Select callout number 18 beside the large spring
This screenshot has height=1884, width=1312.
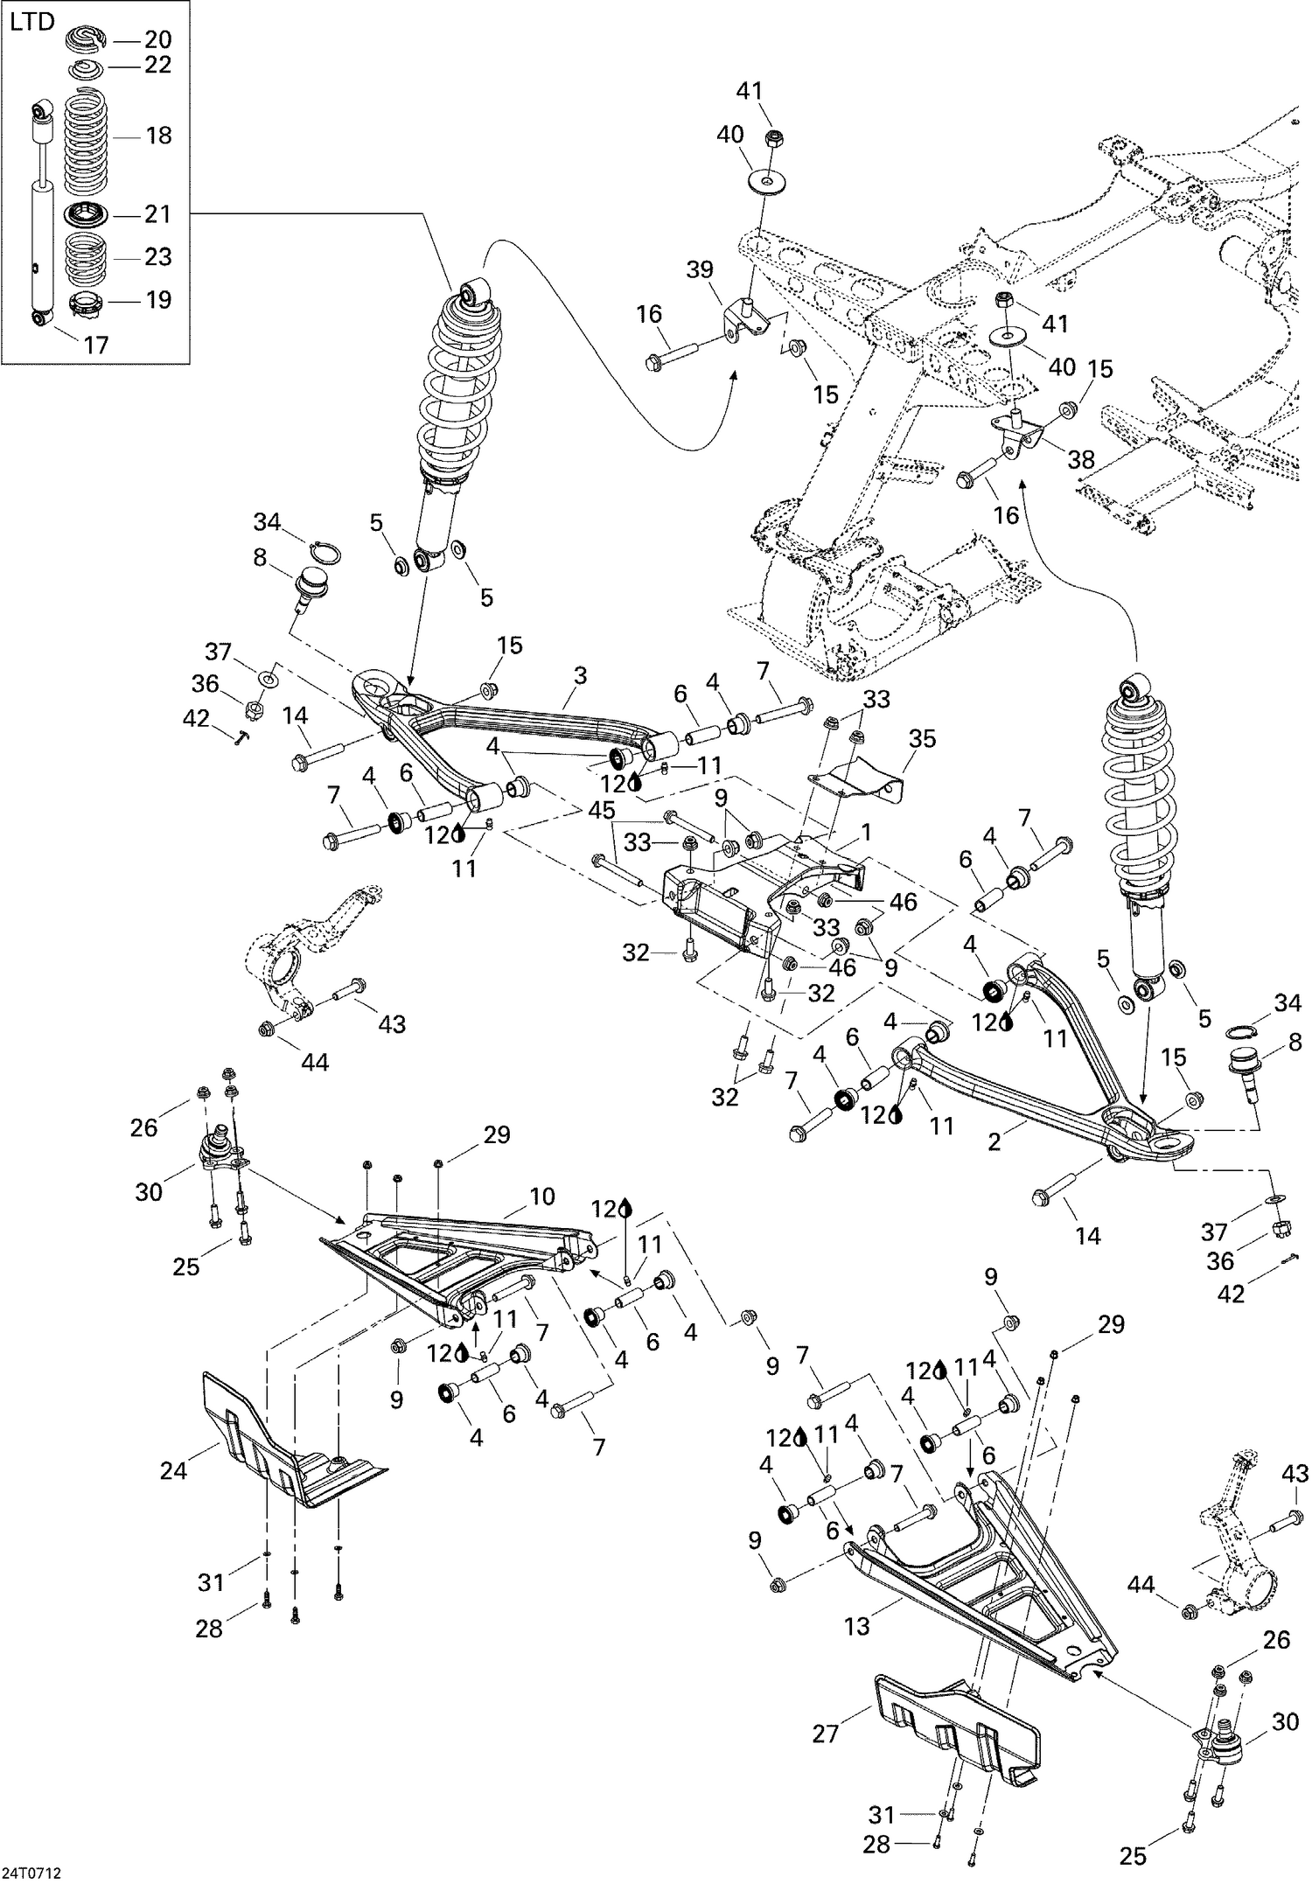[x=157, y=136]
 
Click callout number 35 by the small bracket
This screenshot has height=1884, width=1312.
[x=922, y=738]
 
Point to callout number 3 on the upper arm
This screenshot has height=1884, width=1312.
[x=579, y=674]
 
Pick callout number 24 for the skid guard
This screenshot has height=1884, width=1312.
[x=173, y=1470]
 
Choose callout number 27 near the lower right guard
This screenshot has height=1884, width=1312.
[x=825, y=1733]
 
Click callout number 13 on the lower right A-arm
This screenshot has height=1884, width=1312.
[x=857, y=1625]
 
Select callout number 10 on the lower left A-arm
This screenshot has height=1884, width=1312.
[x=541, y=1196]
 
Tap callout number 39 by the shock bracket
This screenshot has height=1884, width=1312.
[x=700, y=269]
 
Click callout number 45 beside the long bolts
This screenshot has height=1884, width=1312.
[x=601, y=811]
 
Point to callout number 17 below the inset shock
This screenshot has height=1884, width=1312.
[x=95, y=345]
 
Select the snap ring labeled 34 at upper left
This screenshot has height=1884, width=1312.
[x=325, y=553]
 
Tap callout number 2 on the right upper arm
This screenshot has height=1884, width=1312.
[x=994, y=1142]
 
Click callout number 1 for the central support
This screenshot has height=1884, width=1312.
[x=866, y=832]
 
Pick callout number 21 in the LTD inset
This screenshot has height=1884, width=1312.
[x=157, y=214]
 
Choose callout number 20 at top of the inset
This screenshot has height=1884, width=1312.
[x=157, y=39]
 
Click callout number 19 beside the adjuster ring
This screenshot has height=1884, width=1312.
[x=157, y=300]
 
